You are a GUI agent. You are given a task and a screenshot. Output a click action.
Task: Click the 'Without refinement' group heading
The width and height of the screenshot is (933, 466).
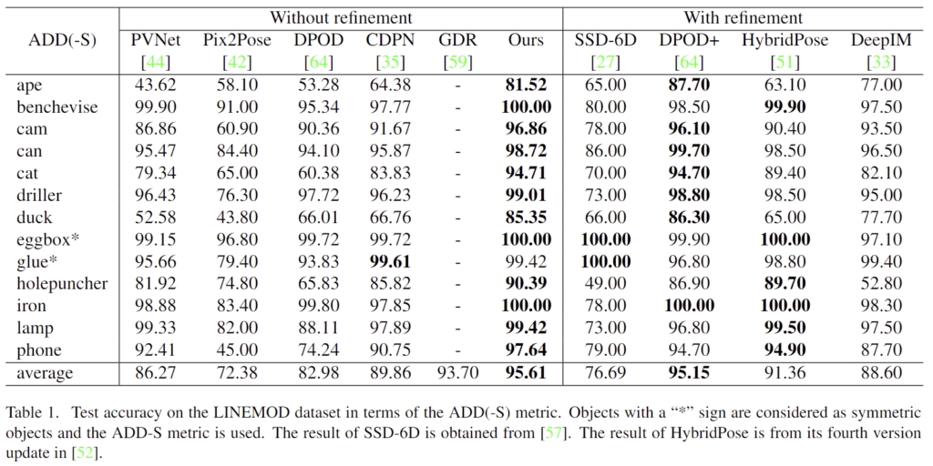point(340,17)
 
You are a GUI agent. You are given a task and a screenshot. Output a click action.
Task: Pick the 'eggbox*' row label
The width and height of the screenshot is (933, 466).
point(46,240)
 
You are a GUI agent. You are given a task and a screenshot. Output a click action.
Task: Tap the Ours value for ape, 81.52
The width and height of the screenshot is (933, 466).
point(526,85)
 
